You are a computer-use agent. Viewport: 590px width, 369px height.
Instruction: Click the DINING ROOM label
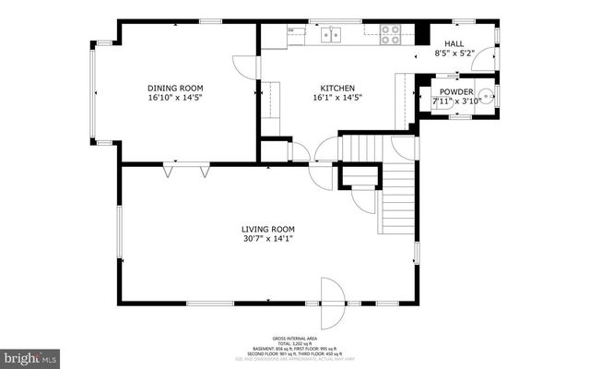point(174,89)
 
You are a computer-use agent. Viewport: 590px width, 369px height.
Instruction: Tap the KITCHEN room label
point(336,89)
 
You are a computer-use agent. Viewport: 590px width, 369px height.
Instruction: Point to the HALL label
point(454,43)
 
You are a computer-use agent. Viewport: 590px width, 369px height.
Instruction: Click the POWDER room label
point(455,91)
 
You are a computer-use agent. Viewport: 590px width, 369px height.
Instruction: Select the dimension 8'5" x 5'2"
point(454,54)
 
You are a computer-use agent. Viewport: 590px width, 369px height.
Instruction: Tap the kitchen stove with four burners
point(391,34)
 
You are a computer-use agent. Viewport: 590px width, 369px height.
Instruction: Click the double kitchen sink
point(330,35)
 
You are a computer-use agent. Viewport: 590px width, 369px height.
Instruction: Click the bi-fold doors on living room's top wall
point(185,170)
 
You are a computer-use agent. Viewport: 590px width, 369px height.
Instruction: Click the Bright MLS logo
point(29,355)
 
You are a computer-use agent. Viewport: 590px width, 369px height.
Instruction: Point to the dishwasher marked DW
point(291,30)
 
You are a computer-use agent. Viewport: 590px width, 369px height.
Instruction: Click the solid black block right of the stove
point(421,33)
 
